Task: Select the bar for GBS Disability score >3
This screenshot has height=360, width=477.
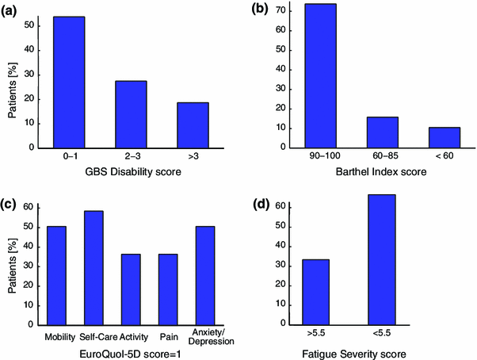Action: coord(192,125)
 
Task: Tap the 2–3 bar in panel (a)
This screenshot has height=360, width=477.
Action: coord(130,114)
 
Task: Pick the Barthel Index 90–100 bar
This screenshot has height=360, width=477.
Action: coord(320,75)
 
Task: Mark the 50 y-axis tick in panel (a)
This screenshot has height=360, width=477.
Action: coord(29,26)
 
